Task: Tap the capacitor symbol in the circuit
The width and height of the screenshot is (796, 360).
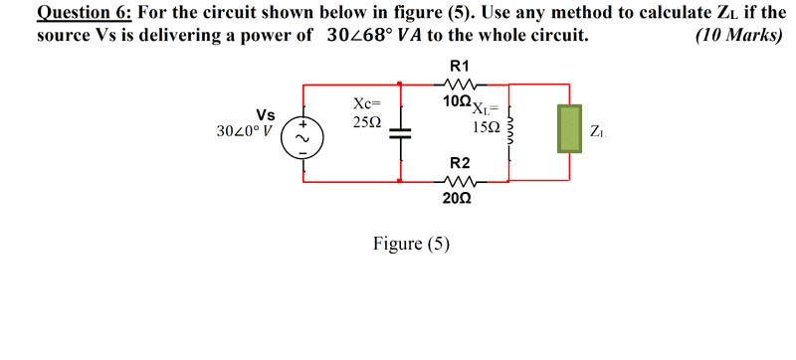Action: (x=401, y=133)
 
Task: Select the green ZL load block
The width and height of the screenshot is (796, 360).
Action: (x=569, y=128)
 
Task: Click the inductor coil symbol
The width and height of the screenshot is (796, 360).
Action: (x=509, y=134)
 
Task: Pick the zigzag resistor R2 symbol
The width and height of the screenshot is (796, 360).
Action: (x=460, y=181)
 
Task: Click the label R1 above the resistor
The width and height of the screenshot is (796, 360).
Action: (x=460, y=66)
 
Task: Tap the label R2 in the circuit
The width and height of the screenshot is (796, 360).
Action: (x=460, y=163)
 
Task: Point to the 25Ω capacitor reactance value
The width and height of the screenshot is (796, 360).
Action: (x=366, y=122)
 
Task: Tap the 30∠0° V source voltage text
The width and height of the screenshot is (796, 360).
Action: (x=244, y=131)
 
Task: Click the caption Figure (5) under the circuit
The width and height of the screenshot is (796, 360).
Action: (x=411, y=244)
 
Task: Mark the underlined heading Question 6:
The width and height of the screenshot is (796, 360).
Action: (x=85, y=12)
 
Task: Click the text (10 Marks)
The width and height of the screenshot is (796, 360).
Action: (x=739, y=35)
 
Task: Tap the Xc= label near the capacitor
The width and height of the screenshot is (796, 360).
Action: (x=366, y=104)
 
